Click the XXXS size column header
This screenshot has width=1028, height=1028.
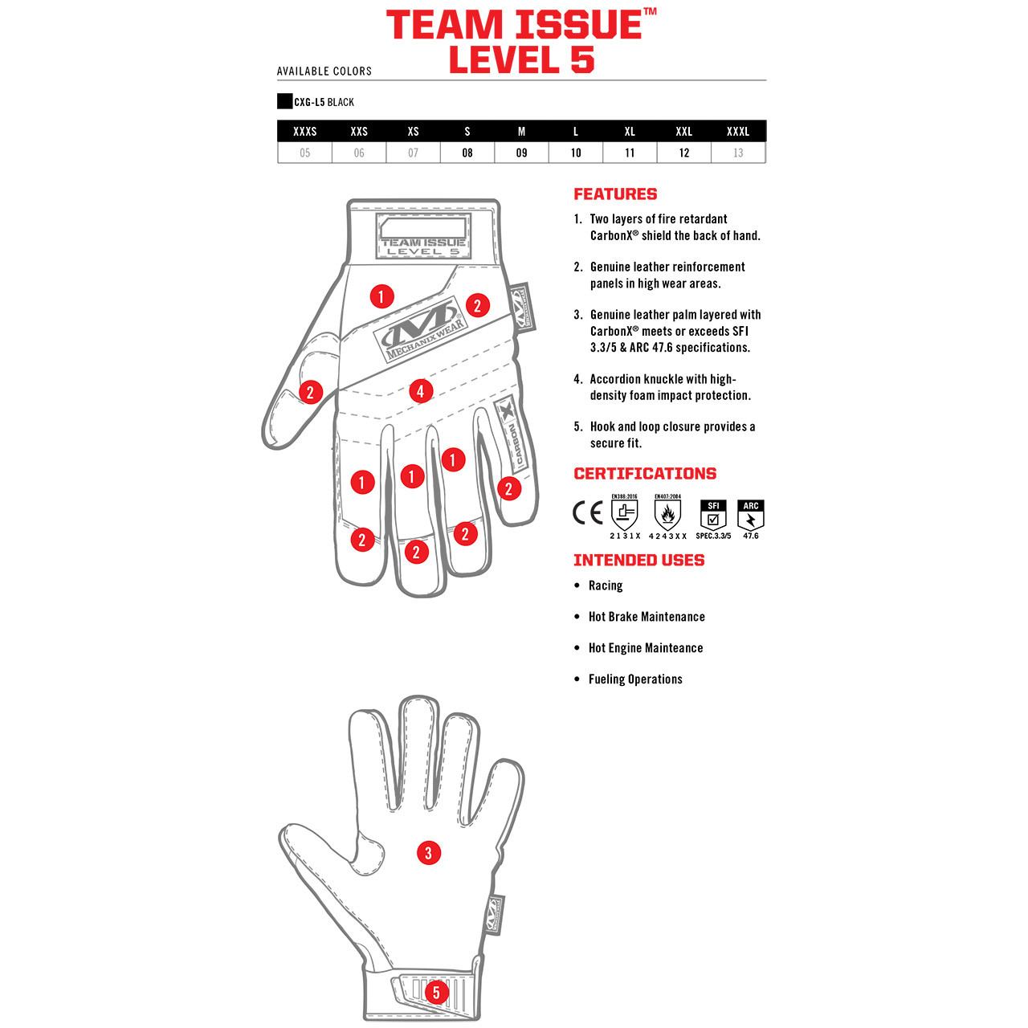click(x=304, y=131)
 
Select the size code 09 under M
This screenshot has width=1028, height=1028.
click(x=521, y=153)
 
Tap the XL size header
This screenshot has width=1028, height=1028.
click(x=630, y=131)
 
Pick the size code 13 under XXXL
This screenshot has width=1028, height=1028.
click(x=738, y=153)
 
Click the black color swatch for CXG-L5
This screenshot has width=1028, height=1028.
click(x=284, y=101)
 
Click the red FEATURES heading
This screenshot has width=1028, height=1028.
click(x=615, y=194)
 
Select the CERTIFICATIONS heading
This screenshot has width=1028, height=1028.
click(x=645, y=474)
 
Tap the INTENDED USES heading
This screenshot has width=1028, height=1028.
click(x=638, y=561)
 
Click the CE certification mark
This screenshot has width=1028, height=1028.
click(x=587, y=512)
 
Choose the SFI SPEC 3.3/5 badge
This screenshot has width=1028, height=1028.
click(x=713, y=516)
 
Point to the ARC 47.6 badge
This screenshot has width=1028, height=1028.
click(x=751, y=516)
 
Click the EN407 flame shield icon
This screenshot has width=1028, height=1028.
click(x=667, y=514)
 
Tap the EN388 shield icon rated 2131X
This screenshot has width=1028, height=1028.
click(x=625, y=514)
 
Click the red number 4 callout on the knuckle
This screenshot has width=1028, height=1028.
click(x=420, y=391)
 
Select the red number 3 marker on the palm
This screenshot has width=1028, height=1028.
click(x=428, y=853)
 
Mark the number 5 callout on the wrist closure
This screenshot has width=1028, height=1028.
click(x=436, y=992)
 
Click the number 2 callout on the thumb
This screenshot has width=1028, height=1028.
click(x=310, y=393)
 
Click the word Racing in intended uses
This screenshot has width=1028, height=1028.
click(x=606, y=585)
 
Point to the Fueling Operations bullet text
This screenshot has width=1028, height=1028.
click(x=635, y=679)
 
